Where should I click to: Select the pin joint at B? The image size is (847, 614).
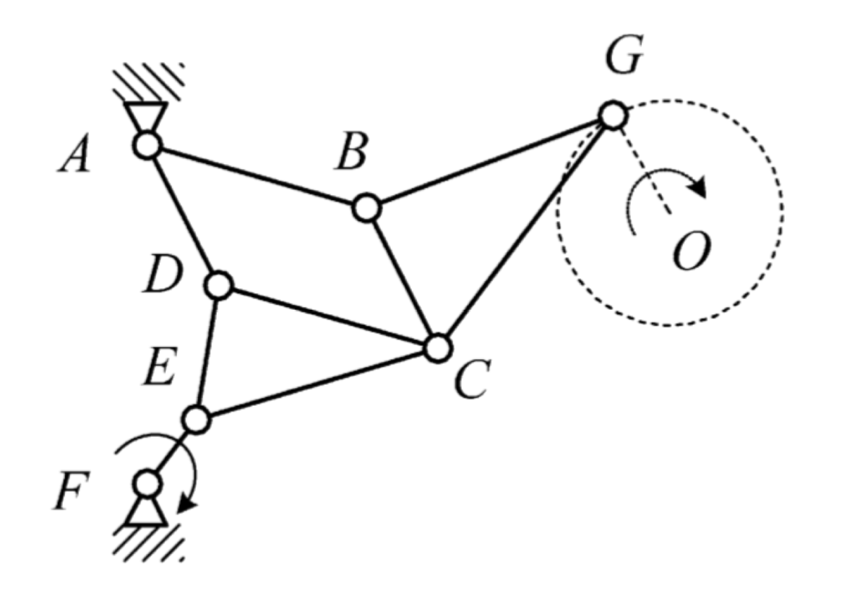click(x=366, y=208)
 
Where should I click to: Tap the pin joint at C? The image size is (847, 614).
click(x=437, y=347)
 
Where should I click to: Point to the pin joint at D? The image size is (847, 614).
click(x=218, y=285)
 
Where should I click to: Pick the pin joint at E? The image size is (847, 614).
click(x=196, y=419)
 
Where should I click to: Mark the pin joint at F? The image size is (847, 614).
click(x=147, y=482)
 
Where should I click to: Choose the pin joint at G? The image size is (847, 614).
click(x=612, y=116)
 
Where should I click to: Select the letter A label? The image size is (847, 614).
click(x=76, y=157)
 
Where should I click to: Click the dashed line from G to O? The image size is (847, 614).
click(x=642, y=163)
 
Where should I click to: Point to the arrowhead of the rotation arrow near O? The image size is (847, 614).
click(x=698, y=189)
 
